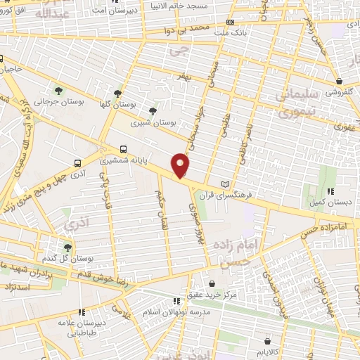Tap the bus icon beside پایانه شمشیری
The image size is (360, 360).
[x=124, y=149]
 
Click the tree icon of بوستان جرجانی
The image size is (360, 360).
[x=58, y=89]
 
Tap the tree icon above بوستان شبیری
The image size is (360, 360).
[x=153, y=111]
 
